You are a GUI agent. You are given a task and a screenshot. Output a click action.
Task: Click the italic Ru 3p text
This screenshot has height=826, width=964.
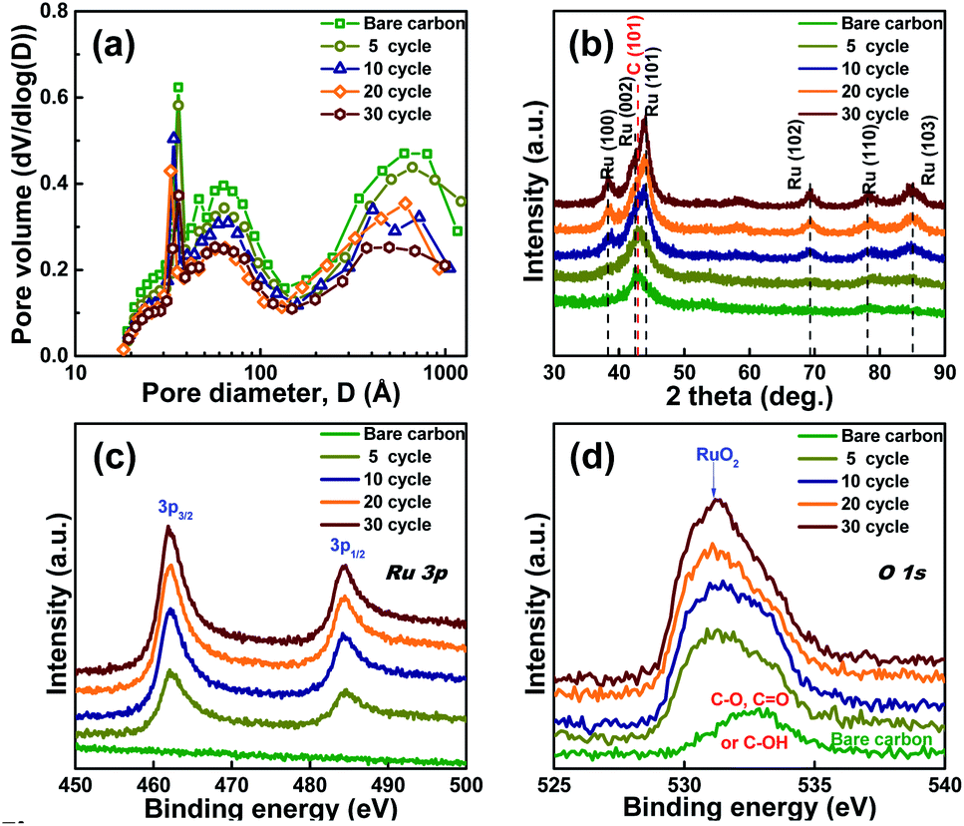416,573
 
